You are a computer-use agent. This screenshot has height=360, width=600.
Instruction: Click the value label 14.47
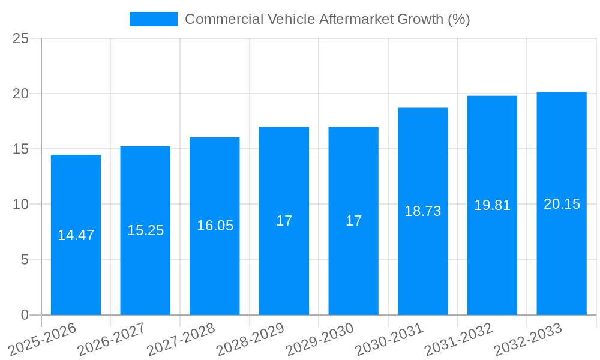point(76,235)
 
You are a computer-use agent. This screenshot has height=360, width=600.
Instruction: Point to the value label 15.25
point(145,230)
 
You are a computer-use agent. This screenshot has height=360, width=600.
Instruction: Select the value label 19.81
point(492,205)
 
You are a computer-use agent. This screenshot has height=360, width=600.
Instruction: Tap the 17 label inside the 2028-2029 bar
point(284,221)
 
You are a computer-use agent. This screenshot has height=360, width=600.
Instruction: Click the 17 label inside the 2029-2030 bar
point(353,221)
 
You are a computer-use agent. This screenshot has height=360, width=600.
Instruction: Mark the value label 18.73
point(422,211)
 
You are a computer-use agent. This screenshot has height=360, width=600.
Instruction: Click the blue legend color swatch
point(154,19)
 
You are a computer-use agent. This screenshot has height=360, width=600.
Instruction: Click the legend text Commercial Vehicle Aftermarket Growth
point(327,19)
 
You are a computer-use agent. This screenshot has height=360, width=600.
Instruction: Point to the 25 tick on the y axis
point(20,38)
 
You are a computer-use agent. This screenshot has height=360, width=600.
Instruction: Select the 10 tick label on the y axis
point(20,205)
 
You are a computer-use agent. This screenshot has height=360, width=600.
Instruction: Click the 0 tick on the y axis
point(25,315)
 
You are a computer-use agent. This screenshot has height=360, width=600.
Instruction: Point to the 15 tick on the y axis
point(20,149)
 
